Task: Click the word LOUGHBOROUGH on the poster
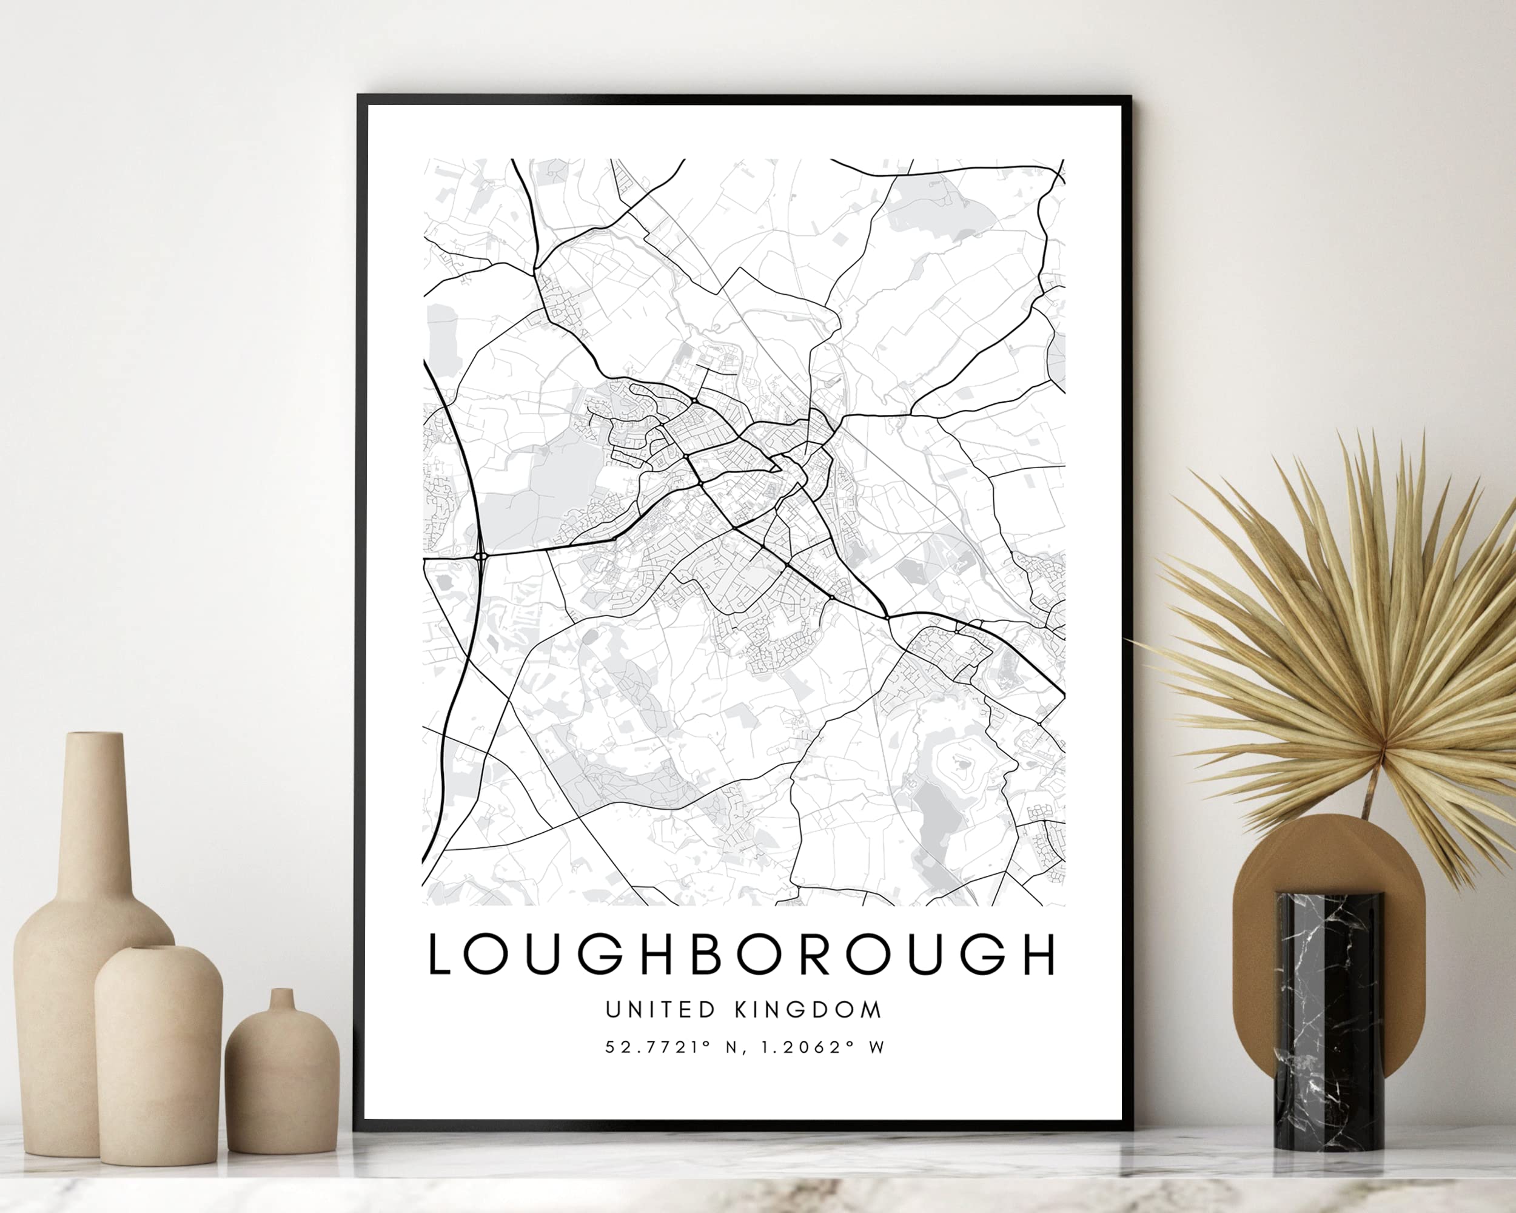tap(742, 955)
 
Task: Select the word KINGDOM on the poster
tap(808, 1010)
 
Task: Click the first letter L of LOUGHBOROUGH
tap(440, 955)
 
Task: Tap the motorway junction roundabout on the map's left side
tap(481, 556)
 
